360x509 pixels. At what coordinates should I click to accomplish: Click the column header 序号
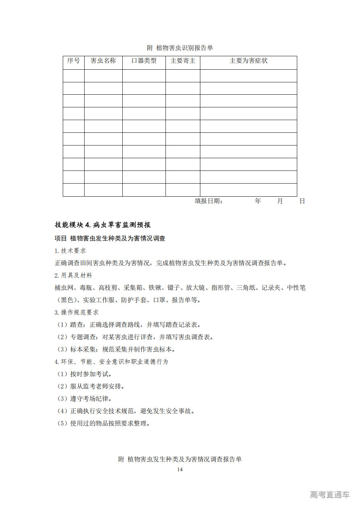click(73, 61)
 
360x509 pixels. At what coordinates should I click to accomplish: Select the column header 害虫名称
click(103, 61)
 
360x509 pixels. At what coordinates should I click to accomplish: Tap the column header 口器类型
click(144, 61)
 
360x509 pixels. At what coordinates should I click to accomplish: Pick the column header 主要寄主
click(183, 61)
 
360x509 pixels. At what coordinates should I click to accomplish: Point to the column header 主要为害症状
click(248, 61)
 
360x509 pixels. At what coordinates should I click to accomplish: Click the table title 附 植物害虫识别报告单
click(180, 48)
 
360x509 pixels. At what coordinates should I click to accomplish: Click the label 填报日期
click(208, 201)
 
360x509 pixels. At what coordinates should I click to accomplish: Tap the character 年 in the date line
click(258, 201)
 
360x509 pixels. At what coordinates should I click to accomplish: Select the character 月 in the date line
click(280, 201)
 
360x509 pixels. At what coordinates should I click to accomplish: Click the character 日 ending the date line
click(302, 201)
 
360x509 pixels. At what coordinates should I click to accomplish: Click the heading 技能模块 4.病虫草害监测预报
click(103, 225)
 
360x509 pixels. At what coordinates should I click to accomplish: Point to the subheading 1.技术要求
click(70, 251)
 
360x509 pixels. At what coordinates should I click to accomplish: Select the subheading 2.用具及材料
click(73, 275)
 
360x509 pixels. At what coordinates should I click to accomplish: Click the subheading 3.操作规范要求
click(77, 312)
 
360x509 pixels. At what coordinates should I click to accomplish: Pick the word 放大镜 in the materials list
click(195, 288)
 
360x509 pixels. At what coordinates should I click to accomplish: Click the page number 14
click(180, 469)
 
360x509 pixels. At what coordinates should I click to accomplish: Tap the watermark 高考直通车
click(330, 494)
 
